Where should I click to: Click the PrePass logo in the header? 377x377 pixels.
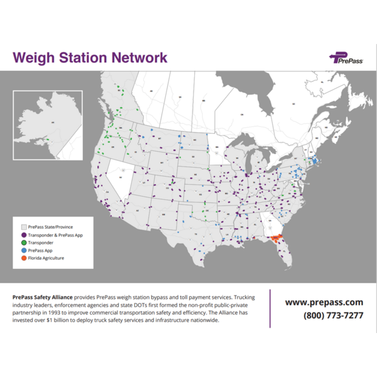pos(346,58)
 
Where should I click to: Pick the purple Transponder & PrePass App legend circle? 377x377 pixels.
pos(24,234)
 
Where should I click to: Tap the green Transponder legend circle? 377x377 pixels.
pos(24,242)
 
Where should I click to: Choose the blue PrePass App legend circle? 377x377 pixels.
pos(24,250)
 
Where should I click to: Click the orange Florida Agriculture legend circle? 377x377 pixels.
pos(24,258)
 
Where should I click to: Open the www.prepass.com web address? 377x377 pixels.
pos(324,302)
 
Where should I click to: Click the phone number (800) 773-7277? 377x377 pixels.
pos(332,315)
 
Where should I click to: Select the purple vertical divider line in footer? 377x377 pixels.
pos(270,308)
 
